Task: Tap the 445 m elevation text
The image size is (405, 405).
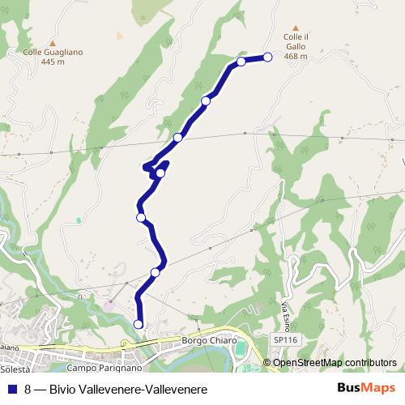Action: (x=53, y=63)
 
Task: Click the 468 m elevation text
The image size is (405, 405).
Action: (x=296, y=57)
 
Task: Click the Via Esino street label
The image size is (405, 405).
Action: (x=286, y=312)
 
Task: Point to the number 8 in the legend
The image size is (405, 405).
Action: (x=28, y=390)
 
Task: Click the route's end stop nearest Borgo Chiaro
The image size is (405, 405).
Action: (x=138, y=324)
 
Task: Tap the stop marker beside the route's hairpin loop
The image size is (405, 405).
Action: (x=160, y=173)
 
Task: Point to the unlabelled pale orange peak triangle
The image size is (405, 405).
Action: (x=119, y=36)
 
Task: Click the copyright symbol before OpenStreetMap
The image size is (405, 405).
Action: (x=268, y=363)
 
